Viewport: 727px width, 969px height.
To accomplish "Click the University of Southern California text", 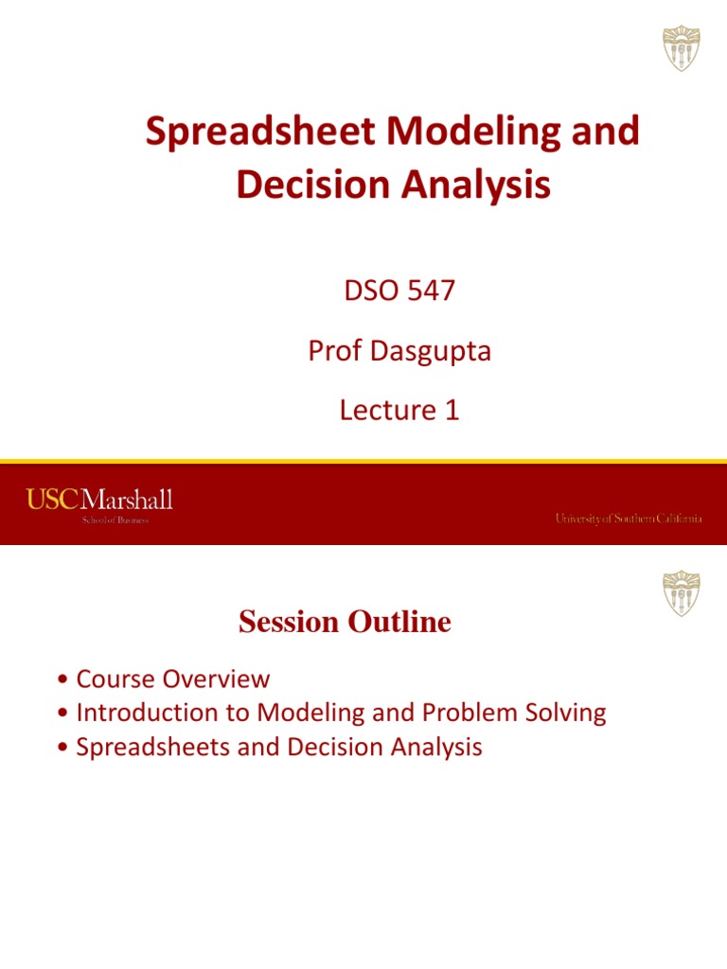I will [x=628, y=519].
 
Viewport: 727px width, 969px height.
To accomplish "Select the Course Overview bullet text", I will [x=173, y=678].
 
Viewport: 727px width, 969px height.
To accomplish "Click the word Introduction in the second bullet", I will [x=151, y=713].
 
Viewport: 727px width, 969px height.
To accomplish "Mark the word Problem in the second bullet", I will [x=468, y=713].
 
